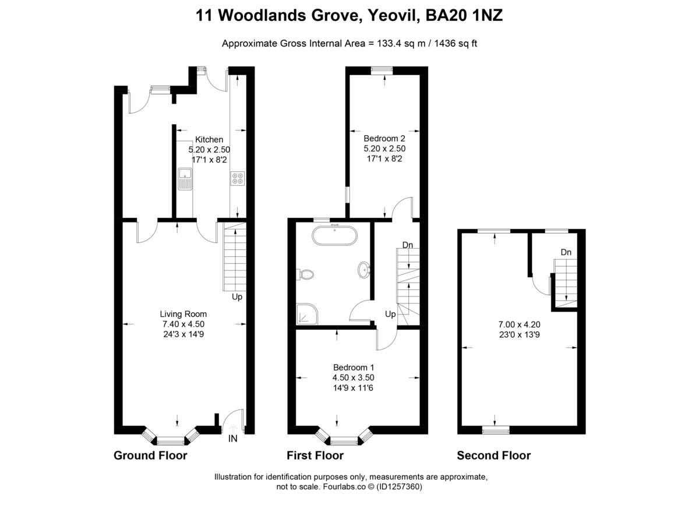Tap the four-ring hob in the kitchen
click(x=237, y=178)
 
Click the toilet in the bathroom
click(x=305, y=273)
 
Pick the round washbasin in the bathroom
click(x=363, y=269)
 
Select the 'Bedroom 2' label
click(x=384, y=139)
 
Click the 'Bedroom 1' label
click(x=353, y=368)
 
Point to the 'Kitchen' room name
click(x=209, y=140)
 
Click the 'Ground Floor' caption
click(x=150, y=455)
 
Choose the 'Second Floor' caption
click(x=493, y=455)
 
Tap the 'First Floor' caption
click(x=315, y=455)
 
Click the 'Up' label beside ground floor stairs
click(x=237, y=296)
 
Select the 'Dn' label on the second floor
click(x=566, y=252)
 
